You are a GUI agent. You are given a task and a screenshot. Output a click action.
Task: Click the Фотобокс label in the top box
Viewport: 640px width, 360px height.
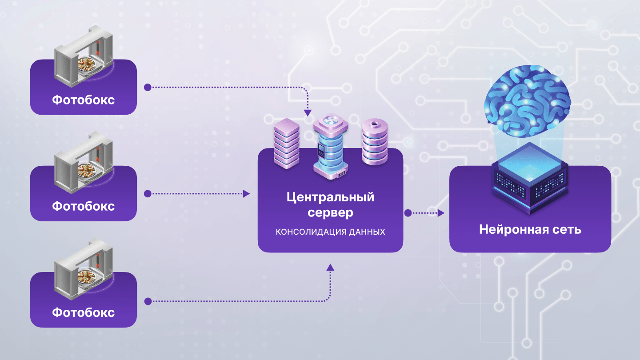(x=83, y=100)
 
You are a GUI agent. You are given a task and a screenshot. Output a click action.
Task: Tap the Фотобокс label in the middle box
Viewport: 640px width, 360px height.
(x=83, y=206)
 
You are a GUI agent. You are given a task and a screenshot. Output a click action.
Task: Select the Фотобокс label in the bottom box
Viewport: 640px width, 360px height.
(x=83, y=312)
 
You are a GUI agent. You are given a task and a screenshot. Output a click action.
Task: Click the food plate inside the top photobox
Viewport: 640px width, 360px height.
(x=87, y=65)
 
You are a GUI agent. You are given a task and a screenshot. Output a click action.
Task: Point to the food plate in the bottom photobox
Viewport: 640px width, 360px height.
(x=87, y=277)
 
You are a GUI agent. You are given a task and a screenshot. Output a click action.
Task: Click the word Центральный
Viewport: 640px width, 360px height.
(x=330, y=197)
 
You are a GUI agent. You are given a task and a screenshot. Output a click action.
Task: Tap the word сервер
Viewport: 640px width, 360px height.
(x=330, y=212)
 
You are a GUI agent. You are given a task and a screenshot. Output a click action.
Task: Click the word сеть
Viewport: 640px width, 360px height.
(x=567, y=230)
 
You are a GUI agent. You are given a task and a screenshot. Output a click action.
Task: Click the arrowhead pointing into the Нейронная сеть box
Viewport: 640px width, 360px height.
(x=441, y=213)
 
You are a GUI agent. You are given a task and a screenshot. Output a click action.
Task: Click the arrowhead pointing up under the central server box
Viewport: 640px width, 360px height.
(x=330, y=267)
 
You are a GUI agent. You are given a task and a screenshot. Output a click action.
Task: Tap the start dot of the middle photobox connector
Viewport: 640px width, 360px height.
(x=148, y=194)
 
